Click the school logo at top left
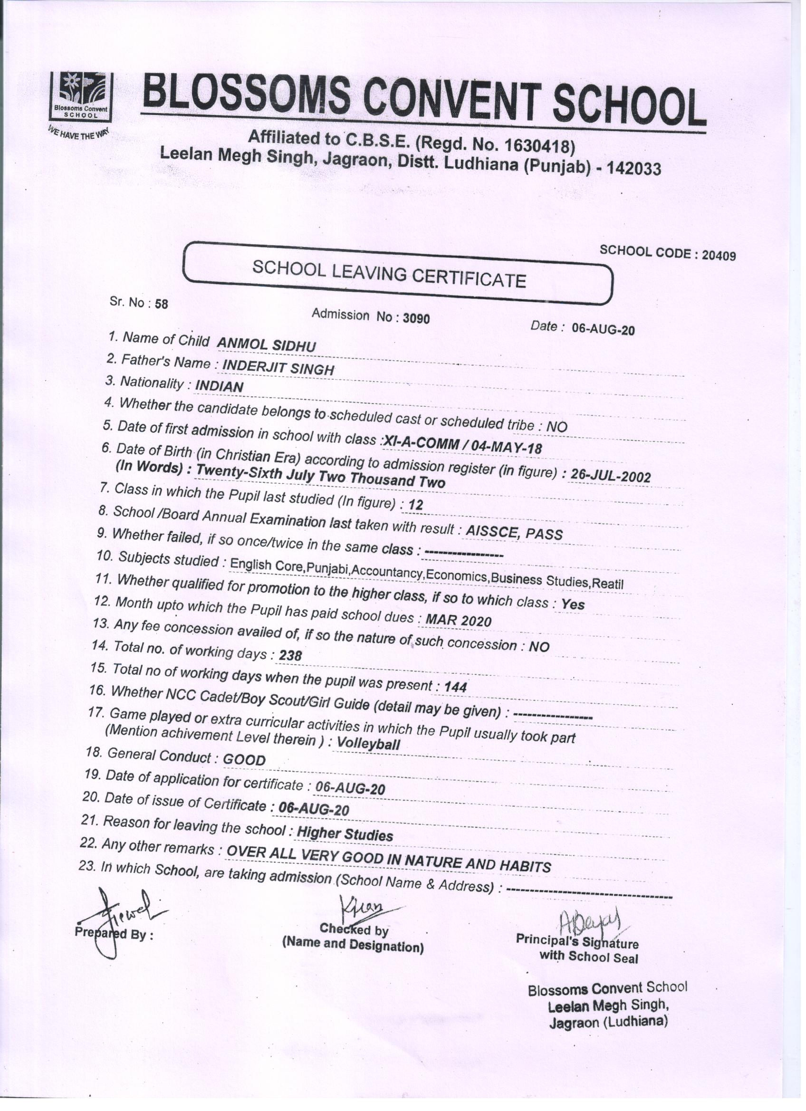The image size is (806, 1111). [x=80, y=96]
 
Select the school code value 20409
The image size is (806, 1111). [x=718, y=255]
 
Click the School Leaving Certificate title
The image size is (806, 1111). [x=389, y=274]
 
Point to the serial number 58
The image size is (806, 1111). [x=161, y=304]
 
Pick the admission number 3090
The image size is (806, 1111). [x=416, y=318]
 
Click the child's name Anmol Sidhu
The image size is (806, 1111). [x=266, y=345]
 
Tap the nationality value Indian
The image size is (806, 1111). [x=219, y=386]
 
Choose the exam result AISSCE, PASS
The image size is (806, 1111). [x=514, y=532]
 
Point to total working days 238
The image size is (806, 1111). [x=290, y=655]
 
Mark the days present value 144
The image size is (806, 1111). [x=455, y=687]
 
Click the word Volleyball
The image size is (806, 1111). [x=368, y=744]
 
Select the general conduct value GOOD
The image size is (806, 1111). [x=244, y=760]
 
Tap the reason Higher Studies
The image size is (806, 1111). [x=345, y=834]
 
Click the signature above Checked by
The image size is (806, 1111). [x=361, y=904]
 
